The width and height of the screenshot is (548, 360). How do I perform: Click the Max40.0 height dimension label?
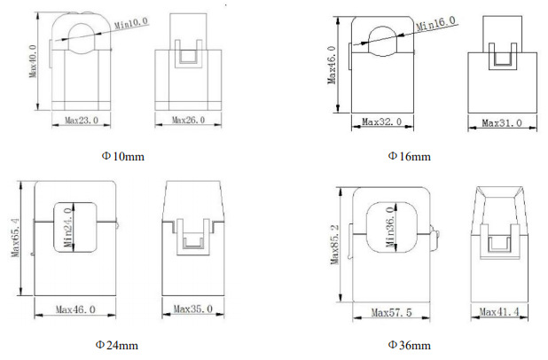tap(33, 61)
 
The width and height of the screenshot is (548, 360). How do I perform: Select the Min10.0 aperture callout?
tap(131, 23)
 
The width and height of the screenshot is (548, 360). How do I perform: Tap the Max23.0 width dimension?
tap(82, 121)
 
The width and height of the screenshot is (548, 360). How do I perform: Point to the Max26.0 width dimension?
tap(188, 121)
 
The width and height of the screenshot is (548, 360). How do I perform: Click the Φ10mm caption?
tap(123, 156)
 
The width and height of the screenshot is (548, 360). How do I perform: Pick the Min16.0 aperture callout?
tap(435, 23)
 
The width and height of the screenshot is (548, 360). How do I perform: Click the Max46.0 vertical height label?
tap(332, 66)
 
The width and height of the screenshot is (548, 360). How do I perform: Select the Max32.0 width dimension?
tap(382, 122)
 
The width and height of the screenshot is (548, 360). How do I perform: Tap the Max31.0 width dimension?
tap(502, 123)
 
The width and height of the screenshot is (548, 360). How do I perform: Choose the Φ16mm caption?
tap(410, 156)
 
